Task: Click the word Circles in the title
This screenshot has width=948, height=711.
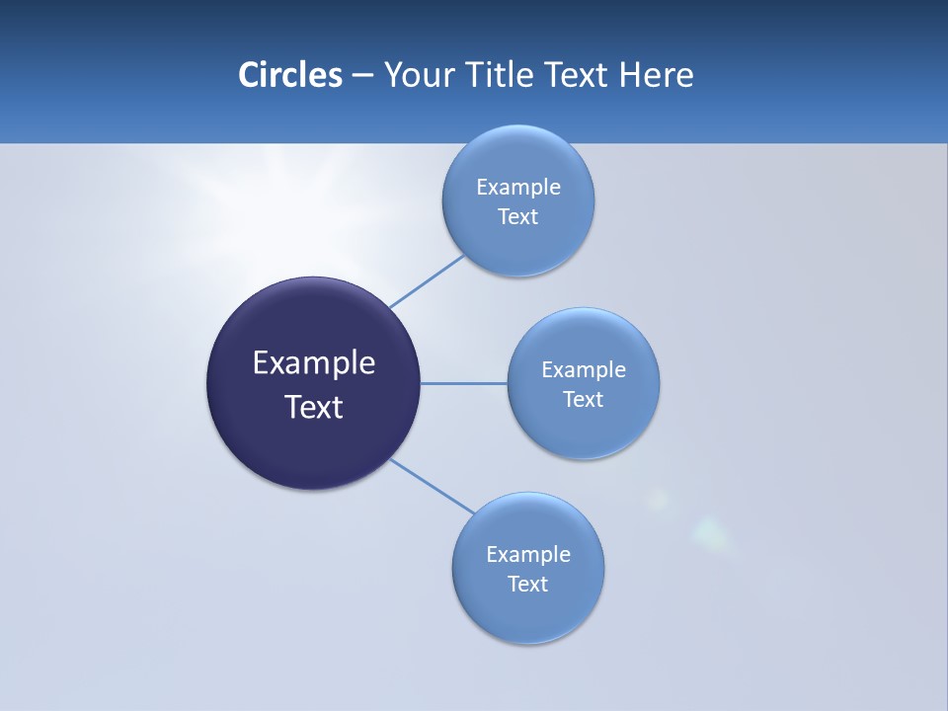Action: coord(290,75)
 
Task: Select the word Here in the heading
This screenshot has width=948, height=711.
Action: coord(657,75)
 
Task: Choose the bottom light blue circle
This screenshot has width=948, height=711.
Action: coord(528,612)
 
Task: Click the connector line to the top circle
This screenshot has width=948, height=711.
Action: coord(427,281)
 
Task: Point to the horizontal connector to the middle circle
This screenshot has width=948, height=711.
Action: coord(463,383)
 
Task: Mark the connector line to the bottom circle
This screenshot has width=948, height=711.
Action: coord(432,486)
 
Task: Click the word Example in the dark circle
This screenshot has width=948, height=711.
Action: coord(314,363)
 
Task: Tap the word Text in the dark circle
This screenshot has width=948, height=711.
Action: coord(314,407)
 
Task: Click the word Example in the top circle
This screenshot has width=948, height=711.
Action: coord(518,187)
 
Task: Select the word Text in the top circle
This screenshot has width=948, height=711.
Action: coord(518,217)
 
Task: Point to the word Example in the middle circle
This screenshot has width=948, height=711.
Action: coord(584,369)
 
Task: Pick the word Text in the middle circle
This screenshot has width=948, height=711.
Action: coord(584,399)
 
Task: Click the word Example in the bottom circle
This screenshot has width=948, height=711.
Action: coord(528,554)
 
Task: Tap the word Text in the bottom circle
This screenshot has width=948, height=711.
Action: coord(528,584)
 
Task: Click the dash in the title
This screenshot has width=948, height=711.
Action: coord(362,76)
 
